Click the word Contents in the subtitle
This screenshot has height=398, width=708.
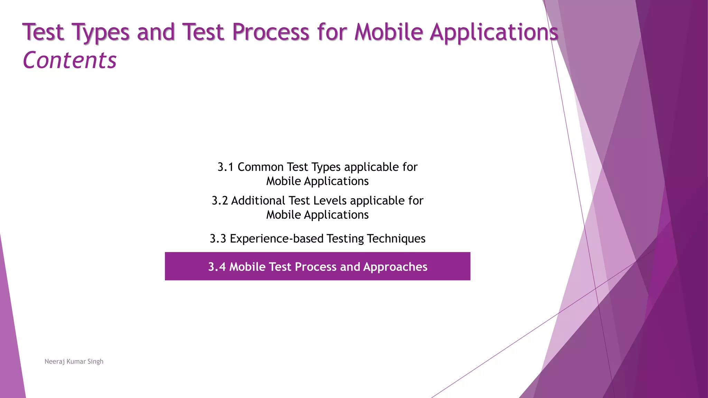point(69,60)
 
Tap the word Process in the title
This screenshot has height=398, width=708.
point(270,32)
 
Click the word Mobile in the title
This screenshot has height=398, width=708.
point(389,32)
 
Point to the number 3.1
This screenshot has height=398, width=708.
point(225,167)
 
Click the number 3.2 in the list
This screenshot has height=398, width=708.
point(220,201)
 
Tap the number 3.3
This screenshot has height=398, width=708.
point(218,239)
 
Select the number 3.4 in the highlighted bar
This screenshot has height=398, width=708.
point(217,267)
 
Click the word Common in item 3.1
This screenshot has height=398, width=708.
point(260,167)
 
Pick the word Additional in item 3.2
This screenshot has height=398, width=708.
point(258,201)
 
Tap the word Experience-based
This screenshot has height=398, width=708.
point(277,239)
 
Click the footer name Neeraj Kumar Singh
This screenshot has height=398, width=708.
point(74,361)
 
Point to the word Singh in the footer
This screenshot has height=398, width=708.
point(95,362)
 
